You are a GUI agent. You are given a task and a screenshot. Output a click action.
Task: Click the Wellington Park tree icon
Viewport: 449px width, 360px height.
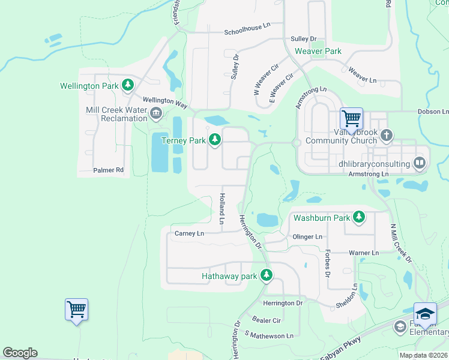127,86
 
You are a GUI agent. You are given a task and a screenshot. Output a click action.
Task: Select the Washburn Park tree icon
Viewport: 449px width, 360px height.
359,216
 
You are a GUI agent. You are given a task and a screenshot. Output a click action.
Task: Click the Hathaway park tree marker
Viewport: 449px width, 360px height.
267,276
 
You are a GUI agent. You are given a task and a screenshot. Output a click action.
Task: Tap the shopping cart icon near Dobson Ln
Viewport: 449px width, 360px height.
351,118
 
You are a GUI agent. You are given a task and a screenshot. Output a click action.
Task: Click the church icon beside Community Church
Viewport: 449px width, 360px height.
386,136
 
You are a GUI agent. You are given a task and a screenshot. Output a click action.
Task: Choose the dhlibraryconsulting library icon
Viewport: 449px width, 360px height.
420,163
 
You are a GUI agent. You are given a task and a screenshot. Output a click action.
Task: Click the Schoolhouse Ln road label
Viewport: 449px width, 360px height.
247,32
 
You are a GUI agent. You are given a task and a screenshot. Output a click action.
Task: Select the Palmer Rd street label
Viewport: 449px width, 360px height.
108,170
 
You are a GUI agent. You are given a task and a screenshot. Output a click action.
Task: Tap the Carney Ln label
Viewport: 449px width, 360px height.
189,233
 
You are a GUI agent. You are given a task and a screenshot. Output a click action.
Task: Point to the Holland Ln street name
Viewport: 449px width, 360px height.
221,208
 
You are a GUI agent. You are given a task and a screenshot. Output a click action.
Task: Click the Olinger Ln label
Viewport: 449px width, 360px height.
307,237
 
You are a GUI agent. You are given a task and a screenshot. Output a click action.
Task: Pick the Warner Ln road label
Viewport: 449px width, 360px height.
363,253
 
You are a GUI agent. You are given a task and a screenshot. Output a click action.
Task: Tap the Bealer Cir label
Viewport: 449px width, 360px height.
267,321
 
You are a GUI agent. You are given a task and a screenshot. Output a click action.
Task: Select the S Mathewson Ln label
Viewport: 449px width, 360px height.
270,335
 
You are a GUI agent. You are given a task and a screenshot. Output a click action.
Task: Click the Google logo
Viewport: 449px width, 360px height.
20,353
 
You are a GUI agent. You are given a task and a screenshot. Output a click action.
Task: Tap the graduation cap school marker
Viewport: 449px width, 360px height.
425,314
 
